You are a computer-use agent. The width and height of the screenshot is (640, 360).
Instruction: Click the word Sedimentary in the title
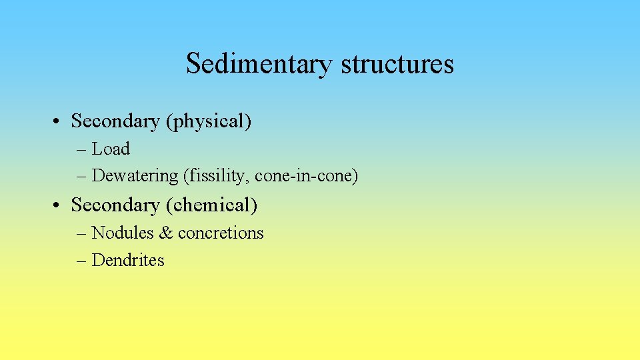tap(260, 64)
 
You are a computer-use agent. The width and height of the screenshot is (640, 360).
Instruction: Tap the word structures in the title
tap(397, 64)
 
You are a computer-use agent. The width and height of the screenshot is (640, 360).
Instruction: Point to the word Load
tap(111, 149)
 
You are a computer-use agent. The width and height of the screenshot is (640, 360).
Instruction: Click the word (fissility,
tap(217, 176)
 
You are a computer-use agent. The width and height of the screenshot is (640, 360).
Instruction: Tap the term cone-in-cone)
tap(307, 176)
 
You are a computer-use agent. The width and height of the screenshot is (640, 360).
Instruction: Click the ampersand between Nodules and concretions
tap(165, 233)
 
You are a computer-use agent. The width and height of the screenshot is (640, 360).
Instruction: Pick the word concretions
tap(221, 233)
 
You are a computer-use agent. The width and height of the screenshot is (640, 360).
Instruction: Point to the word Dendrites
tap(128, 260)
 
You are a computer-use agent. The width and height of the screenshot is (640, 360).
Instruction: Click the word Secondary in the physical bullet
tap(115, 121)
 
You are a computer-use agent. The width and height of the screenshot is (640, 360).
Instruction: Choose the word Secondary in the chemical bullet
tap(115, 205)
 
